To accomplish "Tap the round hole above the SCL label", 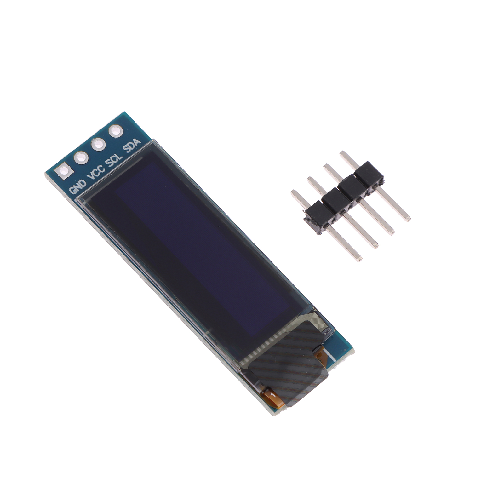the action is point(98,144).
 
